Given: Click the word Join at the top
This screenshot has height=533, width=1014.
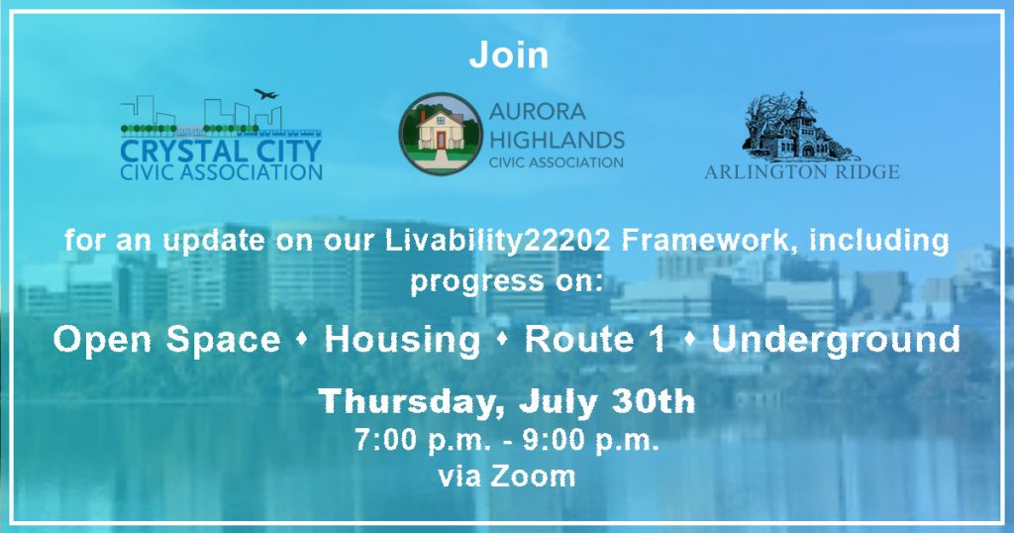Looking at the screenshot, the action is (x=508, y=54).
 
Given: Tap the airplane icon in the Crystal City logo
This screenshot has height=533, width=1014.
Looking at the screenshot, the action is (x=265, y=94).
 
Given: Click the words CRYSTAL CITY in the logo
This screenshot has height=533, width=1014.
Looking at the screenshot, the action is (x=221, y=151).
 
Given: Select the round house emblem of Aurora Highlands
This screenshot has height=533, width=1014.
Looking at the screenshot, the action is (x=441, y=134).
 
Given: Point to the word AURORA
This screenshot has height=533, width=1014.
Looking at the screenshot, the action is (x=538, y=112).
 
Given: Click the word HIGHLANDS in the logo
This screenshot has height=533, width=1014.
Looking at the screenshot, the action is (x=557, y=140).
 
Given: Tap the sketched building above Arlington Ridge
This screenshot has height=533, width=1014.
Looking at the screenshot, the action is (x=800, y=127).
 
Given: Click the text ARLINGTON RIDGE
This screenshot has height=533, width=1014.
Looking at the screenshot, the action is (x=802, y=172).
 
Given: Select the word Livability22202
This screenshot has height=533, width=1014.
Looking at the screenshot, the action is (x=498, y=241).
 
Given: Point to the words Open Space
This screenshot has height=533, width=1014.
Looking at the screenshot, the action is (x=166, y=340).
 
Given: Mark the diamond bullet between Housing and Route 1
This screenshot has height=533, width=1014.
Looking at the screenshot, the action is (x=502, y=341).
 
